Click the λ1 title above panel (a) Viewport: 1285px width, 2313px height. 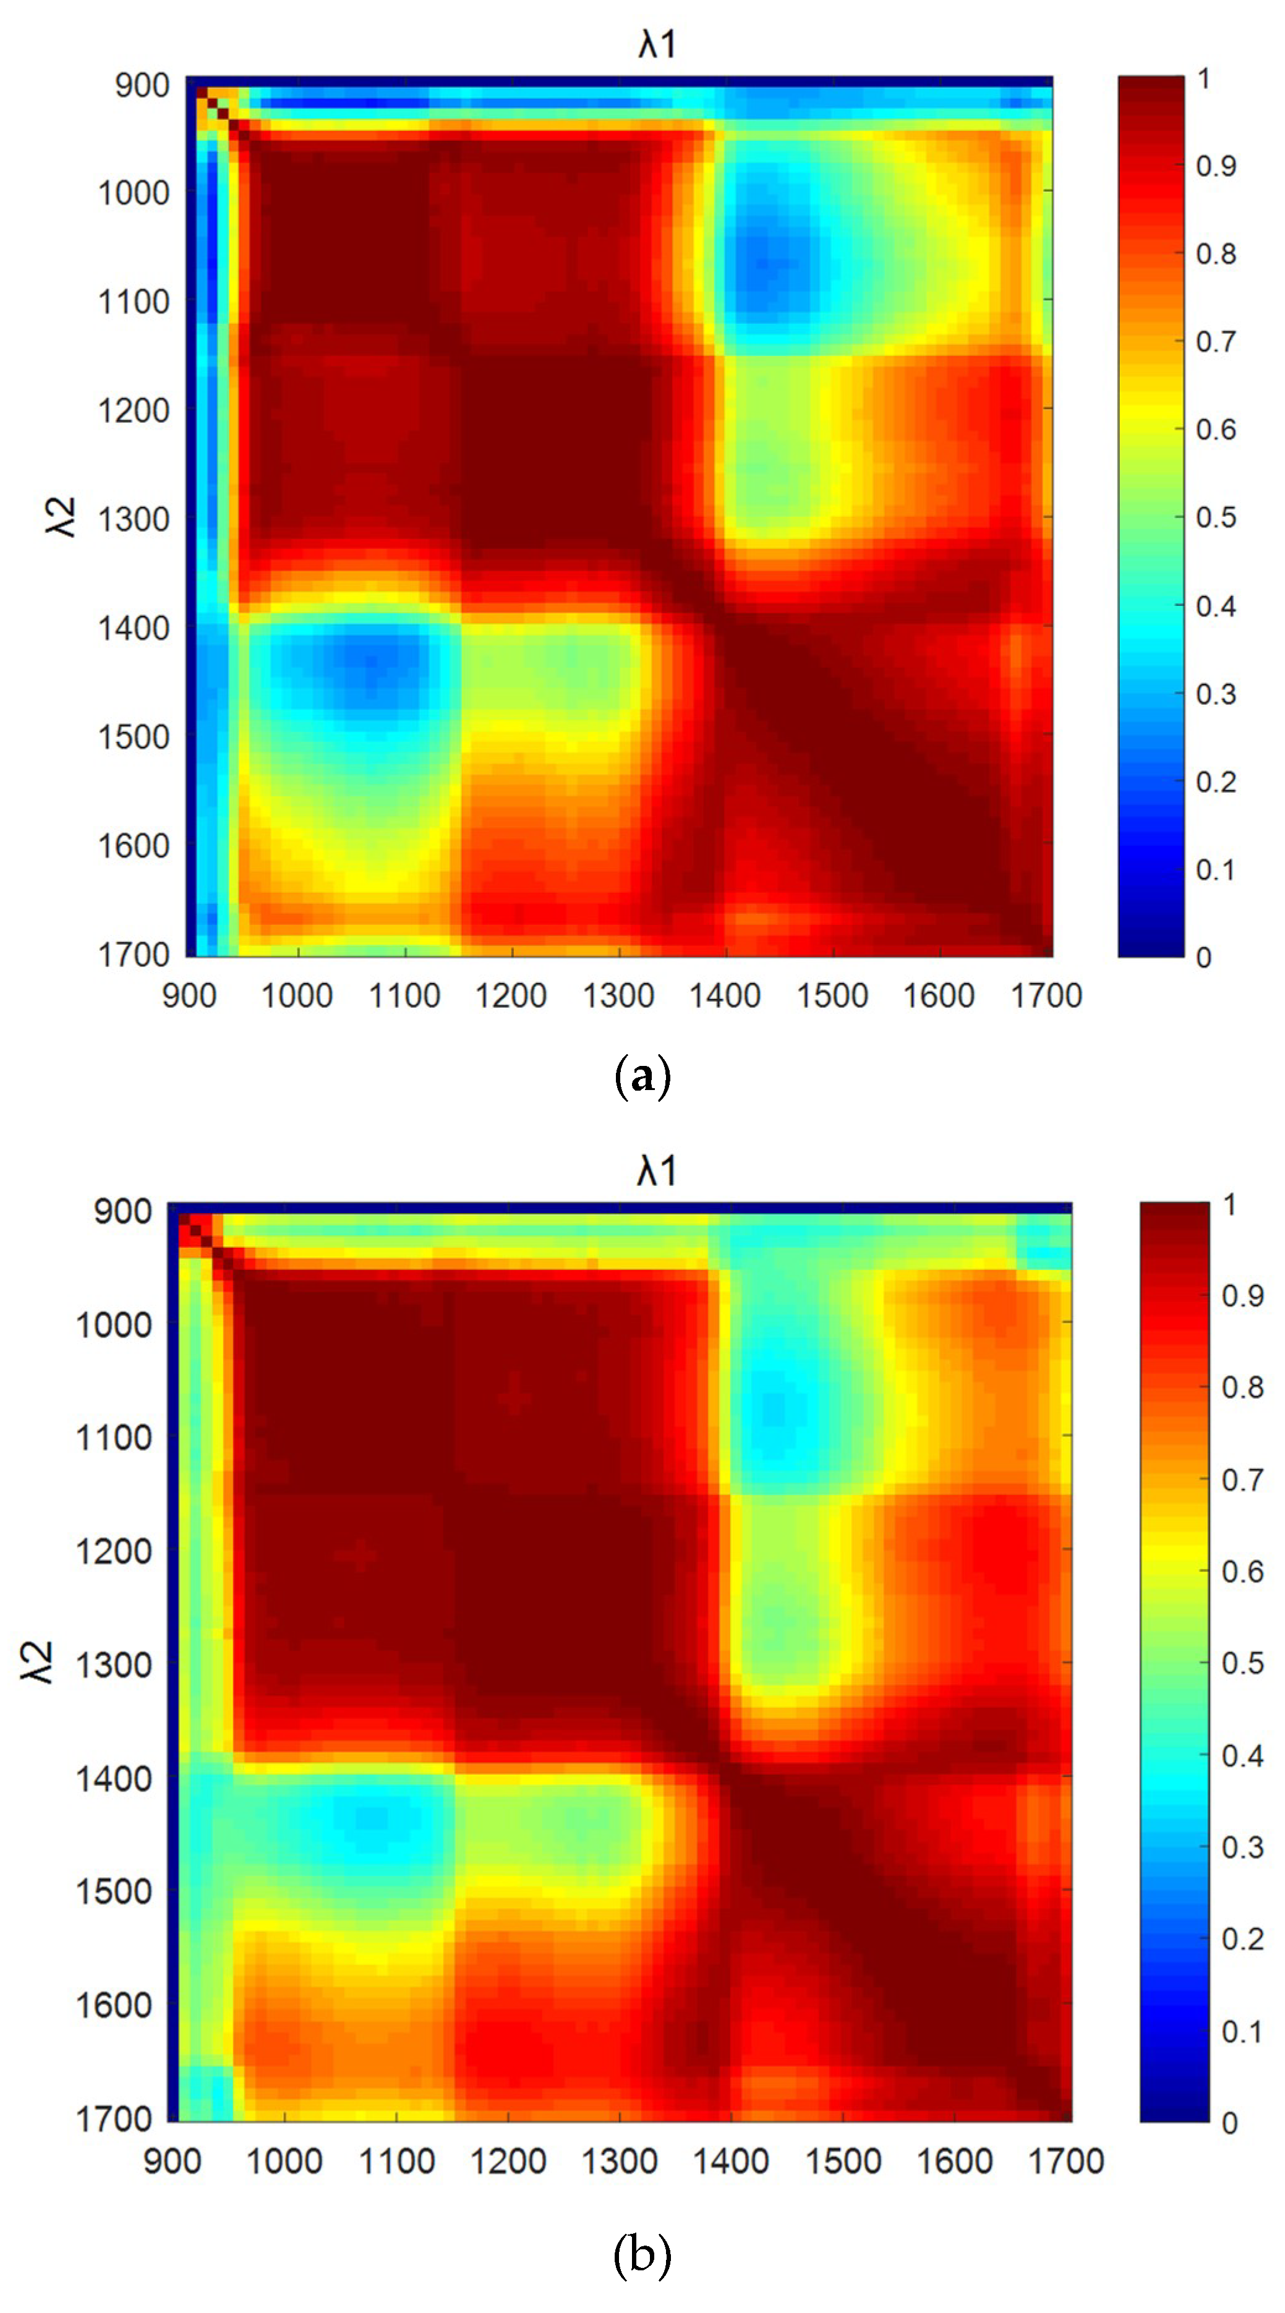[657, 43]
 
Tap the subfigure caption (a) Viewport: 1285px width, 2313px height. [642, 1075]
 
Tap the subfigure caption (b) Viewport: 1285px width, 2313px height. [642, 2254]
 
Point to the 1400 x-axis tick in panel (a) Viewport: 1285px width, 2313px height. [725, 995]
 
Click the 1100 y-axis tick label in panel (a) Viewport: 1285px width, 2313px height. [133, 302]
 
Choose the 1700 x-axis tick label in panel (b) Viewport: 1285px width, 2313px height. [1066, 2160]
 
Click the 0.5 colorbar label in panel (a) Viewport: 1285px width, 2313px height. [1216, 517]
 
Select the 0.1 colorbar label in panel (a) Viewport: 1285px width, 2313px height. [1216, 869]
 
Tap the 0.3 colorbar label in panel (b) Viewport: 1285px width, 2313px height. [1243, 1847]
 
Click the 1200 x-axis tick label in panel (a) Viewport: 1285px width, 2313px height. [511, 995]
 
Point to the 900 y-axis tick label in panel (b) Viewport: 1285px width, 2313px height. [123, 1211]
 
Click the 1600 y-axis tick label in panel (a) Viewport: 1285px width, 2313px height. [133, 846]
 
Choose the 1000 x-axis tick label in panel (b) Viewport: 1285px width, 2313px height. [284, 2160]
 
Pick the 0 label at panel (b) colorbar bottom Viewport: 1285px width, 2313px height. [1229, 2123]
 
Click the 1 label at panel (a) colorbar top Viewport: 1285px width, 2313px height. [1203, 79]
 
